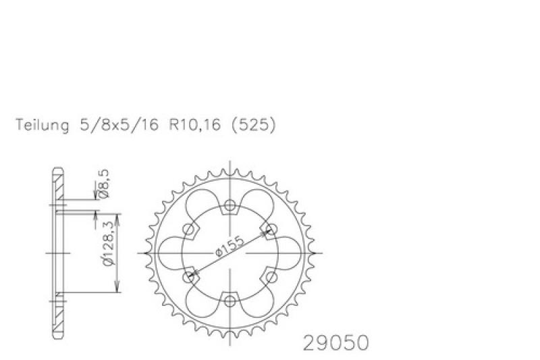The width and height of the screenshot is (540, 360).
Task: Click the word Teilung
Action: pos(43,125)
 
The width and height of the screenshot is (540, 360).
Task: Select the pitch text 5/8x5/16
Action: pos(119,125)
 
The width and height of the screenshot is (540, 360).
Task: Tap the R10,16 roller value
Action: pos(194,125)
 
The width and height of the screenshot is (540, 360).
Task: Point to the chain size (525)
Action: pos(254,125)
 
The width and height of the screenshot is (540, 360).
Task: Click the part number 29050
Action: pos(335,342)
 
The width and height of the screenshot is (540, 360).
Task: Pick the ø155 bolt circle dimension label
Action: pos(229,247)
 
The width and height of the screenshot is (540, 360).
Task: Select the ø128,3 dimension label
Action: pos(108,244)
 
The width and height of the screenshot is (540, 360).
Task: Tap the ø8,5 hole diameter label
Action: pos(104,184)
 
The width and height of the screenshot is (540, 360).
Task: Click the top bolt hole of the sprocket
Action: pos(230,206)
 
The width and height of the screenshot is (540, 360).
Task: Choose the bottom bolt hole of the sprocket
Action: pos(230,301)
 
